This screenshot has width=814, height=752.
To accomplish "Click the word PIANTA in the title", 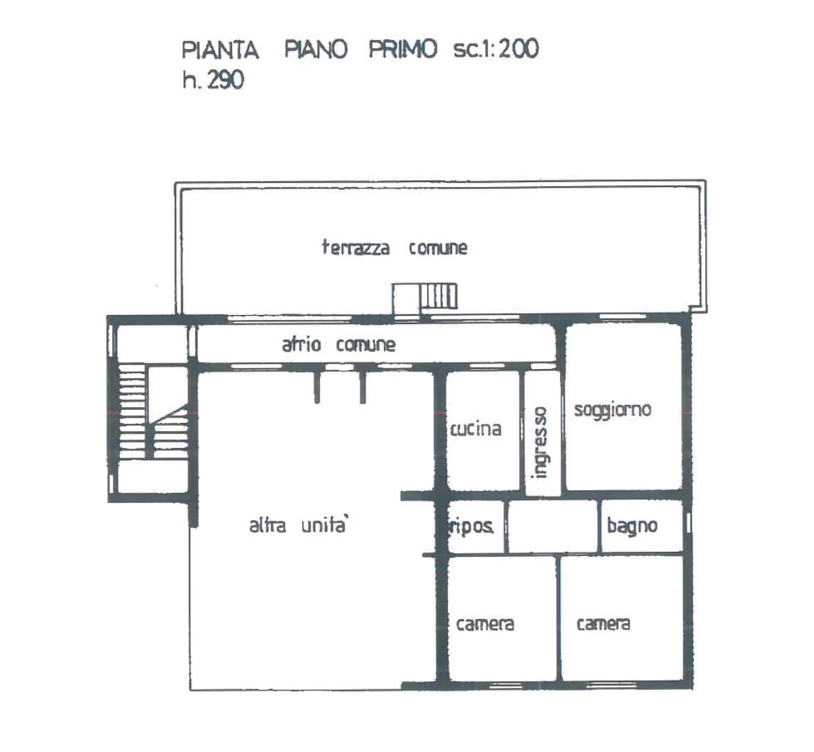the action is point(220,50).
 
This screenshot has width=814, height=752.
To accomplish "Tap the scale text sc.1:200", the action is point(496,48).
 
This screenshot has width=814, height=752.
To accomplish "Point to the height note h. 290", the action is point(213,80).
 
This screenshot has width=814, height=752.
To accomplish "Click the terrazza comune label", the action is point(395,248).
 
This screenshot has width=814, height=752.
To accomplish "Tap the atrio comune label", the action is point(338,344).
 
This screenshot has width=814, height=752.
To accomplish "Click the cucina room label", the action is point(476,429).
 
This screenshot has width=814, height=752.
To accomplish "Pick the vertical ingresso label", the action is point(539,442).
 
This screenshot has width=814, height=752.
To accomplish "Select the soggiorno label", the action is point(613,410).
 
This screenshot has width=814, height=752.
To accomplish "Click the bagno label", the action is point(633,526).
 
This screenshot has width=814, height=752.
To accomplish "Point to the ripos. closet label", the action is point(471,527).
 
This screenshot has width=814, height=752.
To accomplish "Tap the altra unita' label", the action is point(298,526).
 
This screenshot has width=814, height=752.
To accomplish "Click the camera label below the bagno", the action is point(604,623).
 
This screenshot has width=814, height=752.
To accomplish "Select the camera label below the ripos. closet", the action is point(485,624).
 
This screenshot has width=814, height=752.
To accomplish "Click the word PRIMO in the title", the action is point(403,49).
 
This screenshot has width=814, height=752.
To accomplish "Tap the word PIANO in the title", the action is point(316,50).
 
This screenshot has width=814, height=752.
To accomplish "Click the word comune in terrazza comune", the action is point(437,248).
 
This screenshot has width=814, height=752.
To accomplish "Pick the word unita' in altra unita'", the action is point(325,526).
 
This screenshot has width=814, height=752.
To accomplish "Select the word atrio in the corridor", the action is point(301,344).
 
